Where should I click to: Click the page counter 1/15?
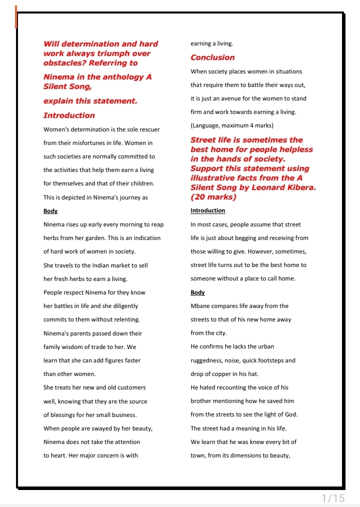click(x=333, y=498)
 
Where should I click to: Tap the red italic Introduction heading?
click(x=69, y=115)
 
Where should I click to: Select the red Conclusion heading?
click(x=212, y=57)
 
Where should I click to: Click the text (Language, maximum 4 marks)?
click(x=232, y=125)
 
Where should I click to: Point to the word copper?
click(x=217, y=374)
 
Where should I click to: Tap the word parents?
click(x=79, y=333)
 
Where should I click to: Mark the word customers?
click(x=132, y=387)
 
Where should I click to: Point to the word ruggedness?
click(x=206, y=360)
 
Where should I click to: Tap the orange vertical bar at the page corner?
click(x=16, y=17)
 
